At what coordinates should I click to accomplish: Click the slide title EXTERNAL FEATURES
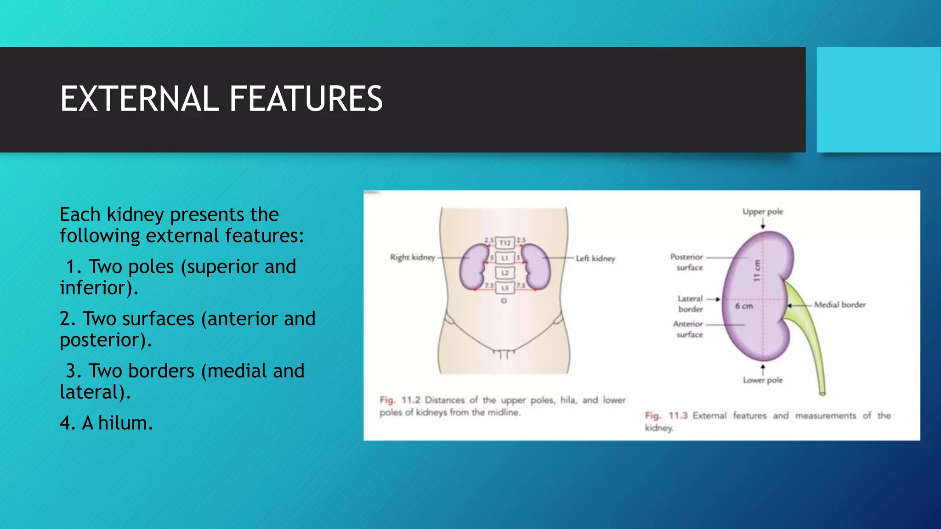pos(221,99)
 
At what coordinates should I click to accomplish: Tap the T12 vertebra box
pos(505,242)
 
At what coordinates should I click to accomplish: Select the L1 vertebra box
pos(505,258)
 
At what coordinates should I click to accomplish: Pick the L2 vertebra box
pos(505,273)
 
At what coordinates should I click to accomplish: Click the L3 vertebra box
pos(505,288)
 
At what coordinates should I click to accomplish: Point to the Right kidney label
pos(412,257)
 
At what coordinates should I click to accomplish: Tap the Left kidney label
pos(595,259)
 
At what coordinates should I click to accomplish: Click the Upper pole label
pos(763,212)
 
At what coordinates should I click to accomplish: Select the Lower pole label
pos(763,380)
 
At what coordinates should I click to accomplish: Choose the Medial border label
pos(840,304)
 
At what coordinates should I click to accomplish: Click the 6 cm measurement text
pos(744,306)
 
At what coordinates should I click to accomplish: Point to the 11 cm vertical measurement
pos(756,271)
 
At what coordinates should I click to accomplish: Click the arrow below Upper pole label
pos(763,224)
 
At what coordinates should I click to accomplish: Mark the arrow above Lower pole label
pos(763,369)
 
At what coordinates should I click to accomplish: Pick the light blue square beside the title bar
pos(878,100)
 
